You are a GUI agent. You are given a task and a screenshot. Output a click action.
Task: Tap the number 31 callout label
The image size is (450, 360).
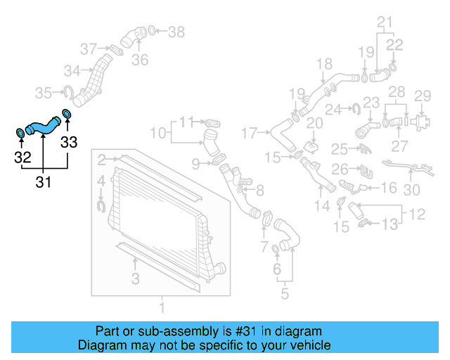point(44,182)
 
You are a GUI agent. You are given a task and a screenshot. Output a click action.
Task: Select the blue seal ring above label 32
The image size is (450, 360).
point(20,132)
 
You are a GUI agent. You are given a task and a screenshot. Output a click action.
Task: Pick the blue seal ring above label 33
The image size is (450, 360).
point(67,114)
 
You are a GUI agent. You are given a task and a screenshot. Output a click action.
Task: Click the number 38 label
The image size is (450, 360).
point(176,32)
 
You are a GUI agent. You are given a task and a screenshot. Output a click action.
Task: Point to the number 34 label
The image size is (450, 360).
point(72,70)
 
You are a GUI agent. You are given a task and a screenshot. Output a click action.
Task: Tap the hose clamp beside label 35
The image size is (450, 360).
point(70,91)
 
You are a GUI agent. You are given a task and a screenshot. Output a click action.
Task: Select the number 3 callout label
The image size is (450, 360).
point(135,279)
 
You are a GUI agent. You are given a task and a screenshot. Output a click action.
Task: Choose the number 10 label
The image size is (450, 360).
point(158,132)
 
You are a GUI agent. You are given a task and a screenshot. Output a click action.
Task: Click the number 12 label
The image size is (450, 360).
point(417,213)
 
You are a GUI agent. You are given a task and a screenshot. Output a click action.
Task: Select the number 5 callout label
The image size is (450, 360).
point(284,293)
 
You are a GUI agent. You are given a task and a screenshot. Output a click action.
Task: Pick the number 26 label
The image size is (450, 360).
point(340,169)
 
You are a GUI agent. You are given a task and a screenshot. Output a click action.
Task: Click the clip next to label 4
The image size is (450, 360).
point(100,205)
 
